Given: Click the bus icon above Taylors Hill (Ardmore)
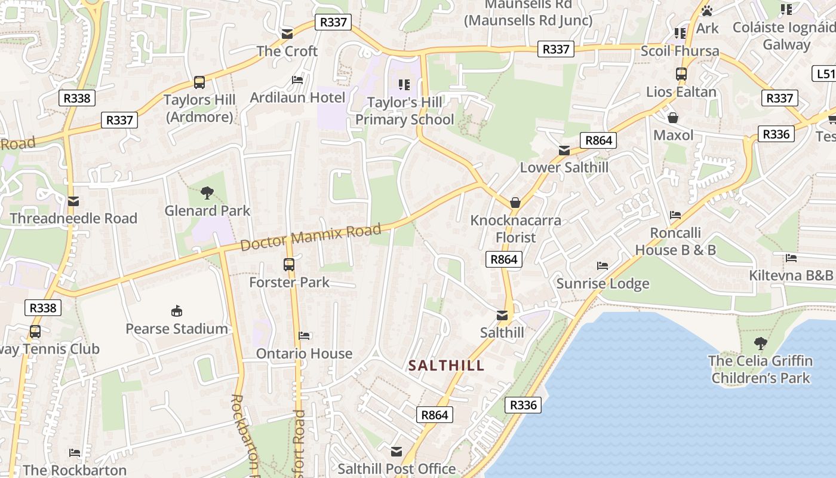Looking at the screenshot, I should point(199,82).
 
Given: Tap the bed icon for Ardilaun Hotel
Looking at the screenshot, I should point(297,80).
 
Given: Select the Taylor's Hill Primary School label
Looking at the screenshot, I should point(404,111).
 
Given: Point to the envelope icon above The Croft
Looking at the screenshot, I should point(287,33).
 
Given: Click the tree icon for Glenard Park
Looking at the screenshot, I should point(207,193).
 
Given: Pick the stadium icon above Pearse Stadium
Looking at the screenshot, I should point(177,311).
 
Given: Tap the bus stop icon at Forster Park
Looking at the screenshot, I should point(289,264).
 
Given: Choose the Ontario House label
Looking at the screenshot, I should point(304,354).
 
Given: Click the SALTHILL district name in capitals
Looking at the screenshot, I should point(446,366).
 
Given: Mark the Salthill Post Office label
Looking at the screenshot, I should point(397,469).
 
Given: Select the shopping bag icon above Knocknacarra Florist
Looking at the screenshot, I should point(515,203).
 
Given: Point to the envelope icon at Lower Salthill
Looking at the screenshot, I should point(564,151).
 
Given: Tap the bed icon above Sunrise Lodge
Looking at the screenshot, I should point(603,266).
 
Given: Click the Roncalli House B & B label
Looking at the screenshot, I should point(675,241).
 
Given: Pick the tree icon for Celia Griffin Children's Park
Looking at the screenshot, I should point(760,344).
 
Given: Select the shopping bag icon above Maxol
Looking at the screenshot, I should point(673,118).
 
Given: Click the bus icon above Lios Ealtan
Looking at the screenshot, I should point(681,74).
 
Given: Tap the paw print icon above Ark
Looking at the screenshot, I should point(707,11).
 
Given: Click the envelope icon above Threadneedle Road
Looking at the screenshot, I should point(73,201).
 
